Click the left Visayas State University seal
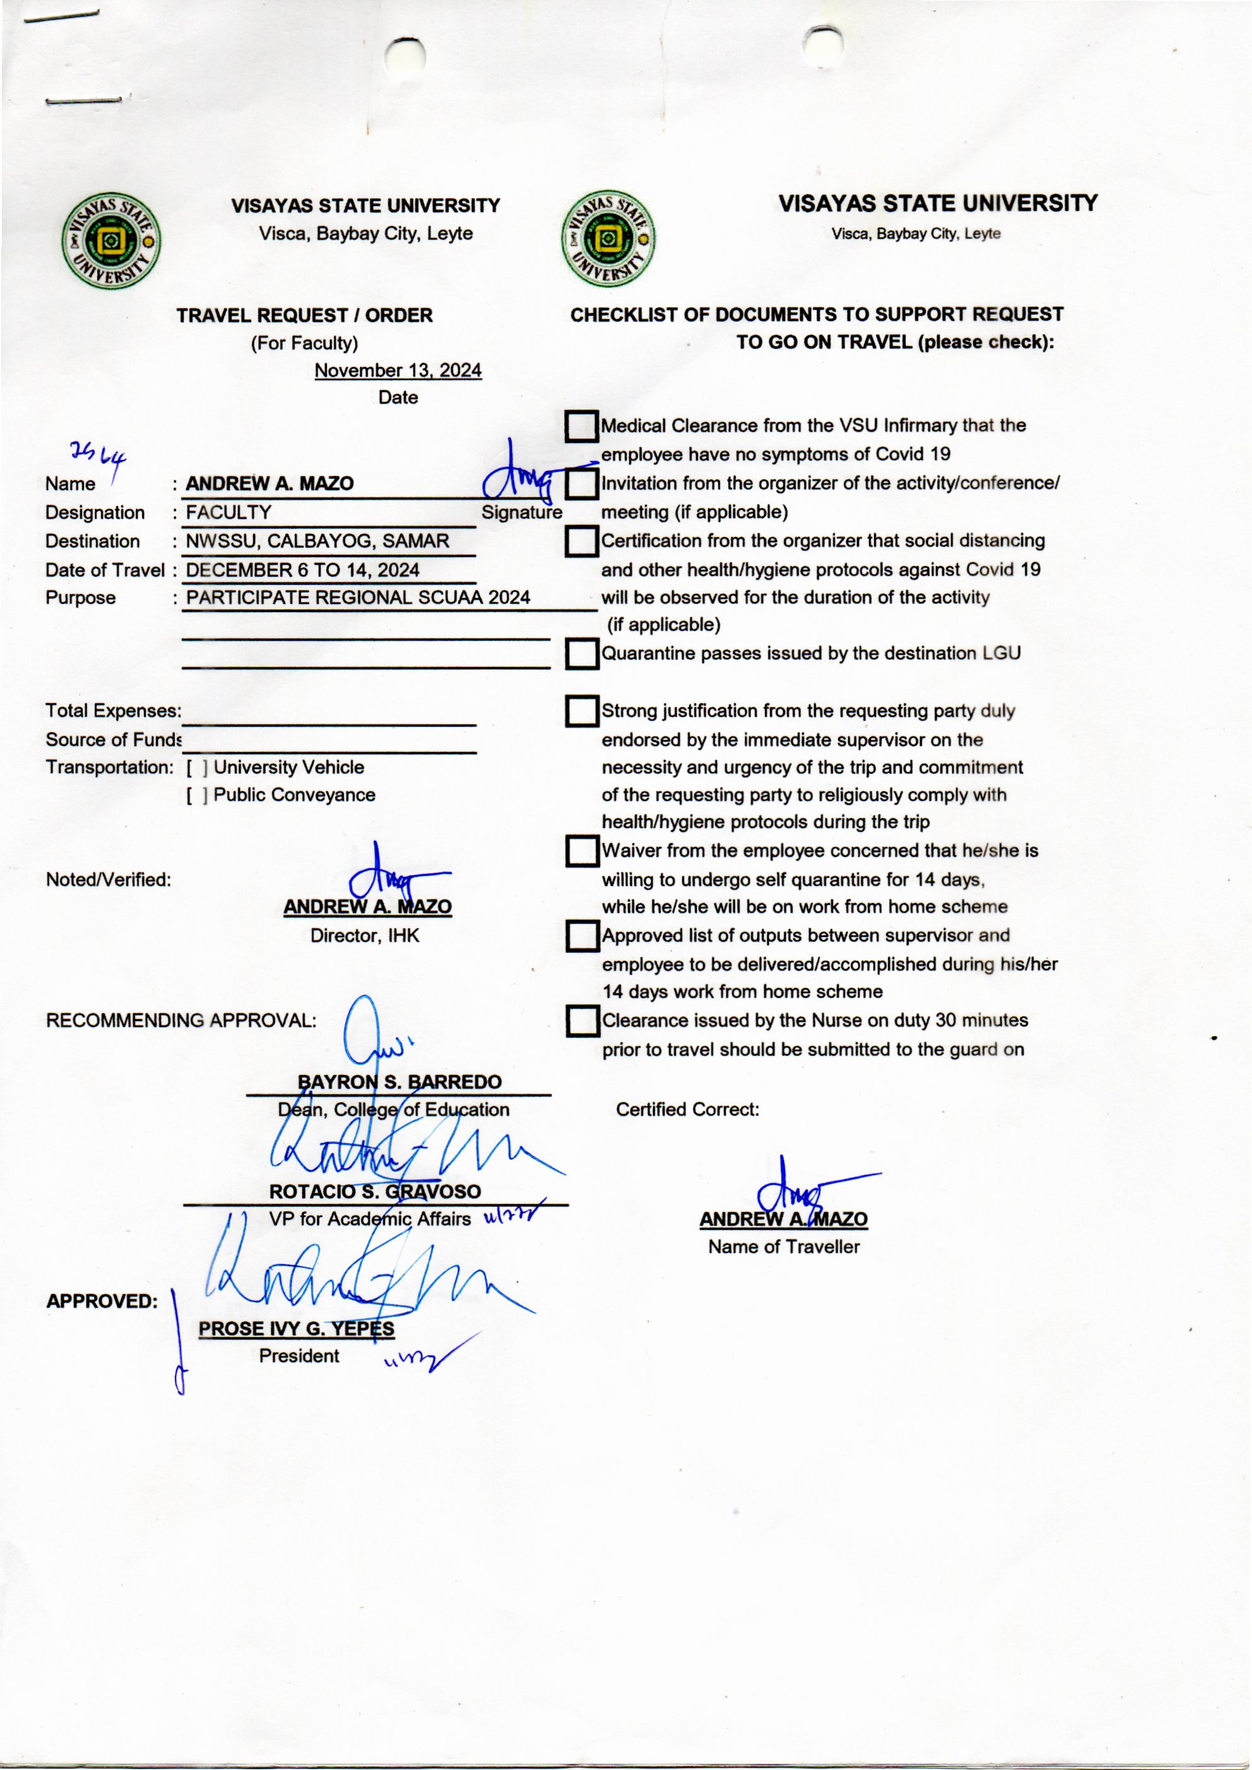[112, 241]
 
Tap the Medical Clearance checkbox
[581, 425]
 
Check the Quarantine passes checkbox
[581, 654]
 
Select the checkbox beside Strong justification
[581, 711]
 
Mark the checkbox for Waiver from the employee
[581, 851]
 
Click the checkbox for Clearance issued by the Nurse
[581, 1021]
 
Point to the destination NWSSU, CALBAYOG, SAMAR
[317, 541]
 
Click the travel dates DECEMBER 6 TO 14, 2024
[303, 570]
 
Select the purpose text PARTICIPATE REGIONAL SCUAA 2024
[358, 598]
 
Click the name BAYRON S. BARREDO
[399, 1082]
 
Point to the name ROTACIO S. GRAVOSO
[375, 1191]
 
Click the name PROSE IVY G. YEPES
[296, 1328]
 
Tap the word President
[299, 1356]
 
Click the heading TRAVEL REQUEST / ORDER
[305, 316]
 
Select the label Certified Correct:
[688, 1109]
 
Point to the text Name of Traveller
[783, 1246]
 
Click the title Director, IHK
[365, 935]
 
